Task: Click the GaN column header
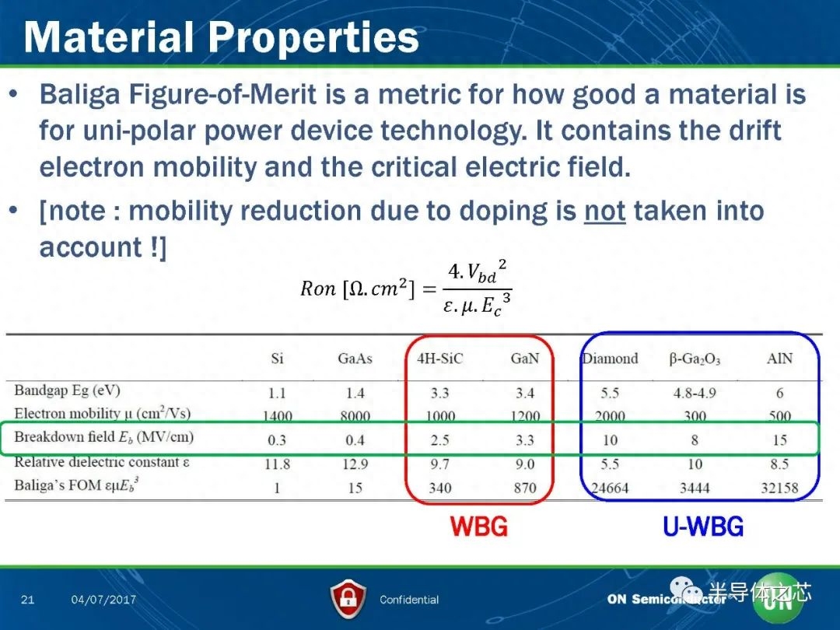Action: pyautogui.click(x=524, y=359)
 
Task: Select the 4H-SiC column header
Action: pyautogui.click(x=439, y=359)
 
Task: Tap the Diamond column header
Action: pyautogui.click(x=611, y=359)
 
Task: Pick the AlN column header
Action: pyautogui.click(x=779, y=359)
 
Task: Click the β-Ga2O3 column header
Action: pyautogui.click(x=695, y=359)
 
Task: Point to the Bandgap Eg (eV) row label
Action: pyautogui.click(x=67, y=390)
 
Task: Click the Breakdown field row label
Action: pyautogui.click(x=103, y=437)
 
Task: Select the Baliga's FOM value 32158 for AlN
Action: pyautogui.click(x=779, y=488)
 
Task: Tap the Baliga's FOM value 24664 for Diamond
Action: pyautogui.click(x=611, y=488)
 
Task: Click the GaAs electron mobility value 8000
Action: pyautogui.click(x=355, y=416)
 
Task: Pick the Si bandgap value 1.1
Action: pyautogui.click(x=277, y=394)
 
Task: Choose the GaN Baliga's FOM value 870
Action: pyautogui.click(x=524, y=488)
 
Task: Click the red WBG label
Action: pyautogui.click(x=479, y=527)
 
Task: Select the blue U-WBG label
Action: pyautogui.click(x=703, y=527)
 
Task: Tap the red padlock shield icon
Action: pyautogui.click(x=348, y=599)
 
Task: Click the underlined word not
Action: pyautogui.click(x=605, y=211)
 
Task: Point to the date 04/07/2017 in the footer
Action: pyautogui.click(x=103, y=600)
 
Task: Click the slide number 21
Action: pyautogui.click(x=28, y=600)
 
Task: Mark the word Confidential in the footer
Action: pyautogui.click(x=409, y=600)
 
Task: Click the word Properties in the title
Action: pyautogui.click(x=313, y=37)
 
